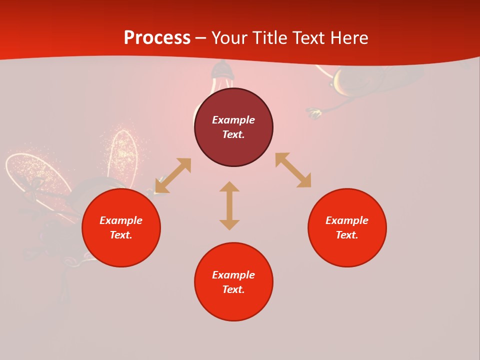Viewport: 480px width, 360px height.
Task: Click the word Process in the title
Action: pos(157,38)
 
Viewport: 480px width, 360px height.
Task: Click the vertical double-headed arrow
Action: pos(229,206)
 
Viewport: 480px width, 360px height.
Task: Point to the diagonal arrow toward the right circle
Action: pos(293,170)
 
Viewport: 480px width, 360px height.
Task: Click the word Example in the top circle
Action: pos(233,120)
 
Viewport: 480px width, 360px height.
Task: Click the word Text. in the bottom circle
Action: pos(233,289)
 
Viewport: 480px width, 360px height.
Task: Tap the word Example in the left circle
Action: pos(121,220)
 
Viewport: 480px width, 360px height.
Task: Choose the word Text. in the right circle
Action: pos(347,235)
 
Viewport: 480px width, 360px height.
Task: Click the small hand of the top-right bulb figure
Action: pos(314,113)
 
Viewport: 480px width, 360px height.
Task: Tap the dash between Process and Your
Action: pos(200,38)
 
